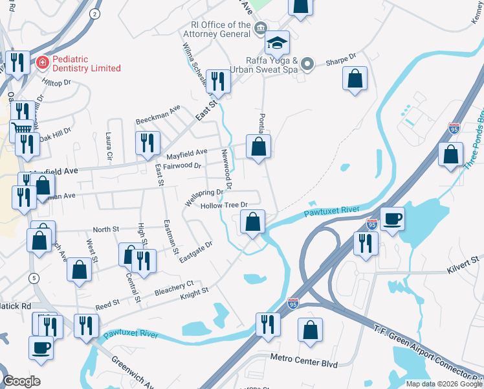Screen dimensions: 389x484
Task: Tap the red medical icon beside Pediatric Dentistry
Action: [42, 63]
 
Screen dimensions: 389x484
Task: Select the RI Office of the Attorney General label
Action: [219, 30]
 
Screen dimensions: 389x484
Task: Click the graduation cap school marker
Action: [277, 43]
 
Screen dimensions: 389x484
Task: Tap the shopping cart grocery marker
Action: [21, 129]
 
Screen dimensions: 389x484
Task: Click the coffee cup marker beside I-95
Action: [391, 219]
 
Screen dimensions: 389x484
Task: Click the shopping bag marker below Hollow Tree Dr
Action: [252, 222]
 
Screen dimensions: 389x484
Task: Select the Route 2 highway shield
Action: [95, 13]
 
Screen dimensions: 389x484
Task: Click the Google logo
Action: [21, 381]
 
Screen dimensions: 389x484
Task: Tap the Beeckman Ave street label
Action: [157, 115]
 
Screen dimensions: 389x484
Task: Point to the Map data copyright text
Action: [443, 384]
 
